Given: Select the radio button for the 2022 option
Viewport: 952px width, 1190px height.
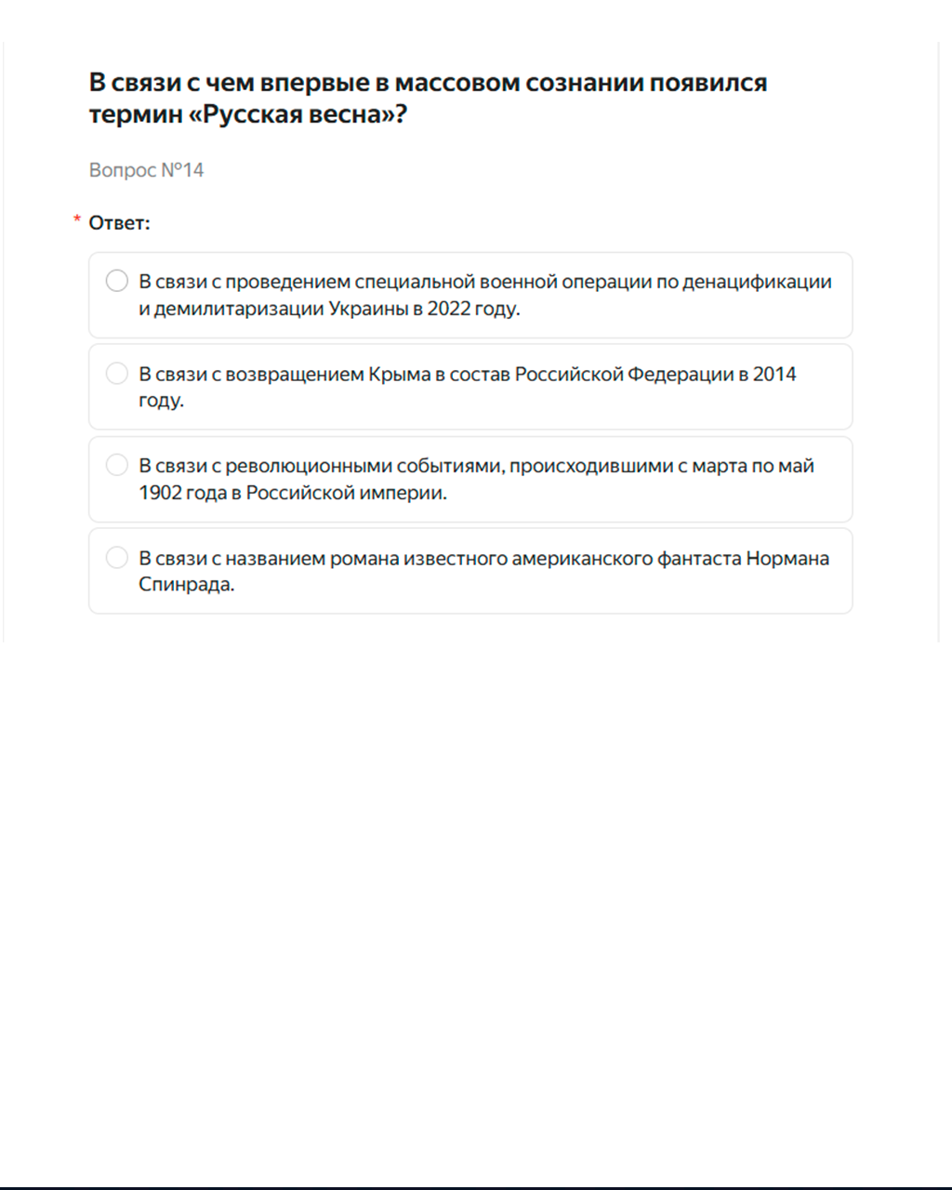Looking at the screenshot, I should pos(117,281).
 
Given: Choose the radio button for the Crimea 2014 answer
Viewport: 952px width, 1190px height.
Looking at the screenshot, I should pos(117,373).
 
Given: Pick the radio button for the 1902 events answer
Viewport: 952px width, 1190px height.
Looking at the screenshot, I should pos(117,465).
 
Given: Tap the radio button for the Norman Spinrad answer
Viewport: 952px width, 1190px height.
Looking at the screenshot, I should pos(117,557).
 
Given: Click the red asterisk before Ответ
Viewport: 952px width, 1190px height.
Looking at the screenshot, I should pos(77,220).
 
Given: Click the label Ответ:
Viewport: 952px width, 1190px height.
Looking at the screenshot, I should pos(119,223).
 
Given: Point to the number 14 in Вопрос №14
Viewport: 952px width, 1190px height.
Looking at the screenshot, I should pos(192,170).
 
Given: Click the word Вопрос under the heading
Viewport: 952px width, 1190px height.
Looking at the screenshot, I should pos(123,170).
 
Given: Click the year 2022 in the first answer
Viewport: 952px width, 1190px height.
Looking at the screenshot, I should pos(449,309).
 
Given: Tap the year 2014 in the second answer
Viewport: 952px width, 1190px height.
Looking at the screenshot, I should pos(774,374).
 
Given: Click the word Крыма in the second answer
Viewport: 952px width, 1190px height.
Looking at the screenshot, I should pos(400,374).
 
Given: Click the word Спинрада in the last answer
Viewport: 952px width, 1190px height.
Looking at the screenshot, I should pos(186,585).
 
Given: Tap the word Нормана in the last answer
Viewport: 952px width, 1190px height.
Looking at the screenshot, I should pos(787,559).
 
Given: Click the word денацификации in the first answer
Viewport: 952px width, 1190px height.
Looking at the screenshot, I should pos(757,282).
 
